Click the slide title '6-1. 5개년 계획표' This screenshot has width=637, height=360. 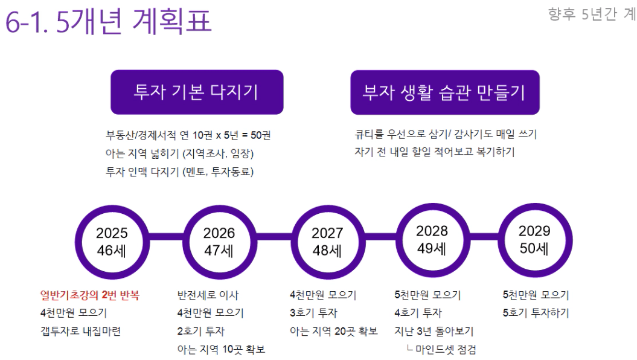[x=109, y=23]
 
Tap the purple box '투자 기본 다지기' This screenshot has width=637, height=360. [x=196, y=92]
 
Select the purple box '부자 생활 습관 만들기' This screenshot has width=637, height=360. [x=444, y=92]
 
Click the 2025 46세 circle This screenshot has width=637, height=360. [x=112, y=241]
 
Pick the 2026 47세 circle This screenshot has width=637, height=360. [x=219, y=241]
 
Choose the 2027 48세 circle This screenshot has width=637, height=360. [x=327, y=241]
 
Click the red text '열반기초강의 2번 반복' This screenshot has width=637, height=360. [x=89, y=295]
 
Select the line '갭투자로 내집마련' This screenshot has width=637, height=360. [x=80, y=331]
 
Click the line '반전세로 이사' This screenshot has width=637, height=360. [x=208, y=295]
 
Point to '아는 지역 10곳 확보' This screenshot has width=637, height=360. [x=221, y=349]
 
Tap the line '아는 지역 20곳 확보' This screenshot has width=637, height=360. [x=334, y=331]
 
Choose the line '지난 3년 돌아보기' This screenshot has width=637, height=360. [x=434, y=331]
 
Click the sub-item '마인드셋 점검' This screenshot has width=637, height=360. [x=445, y=349]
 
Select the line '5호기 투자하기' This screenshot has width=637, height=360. [x=536, y=313]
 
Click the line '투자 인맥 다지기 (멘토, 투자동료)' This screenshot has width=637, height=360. [x=179, y=172]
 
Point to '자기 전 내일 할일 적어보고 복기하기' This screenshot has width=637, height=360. [x=434, y=152]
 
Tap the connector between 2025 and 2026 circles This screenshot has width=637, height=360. [x=165, y=241]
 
